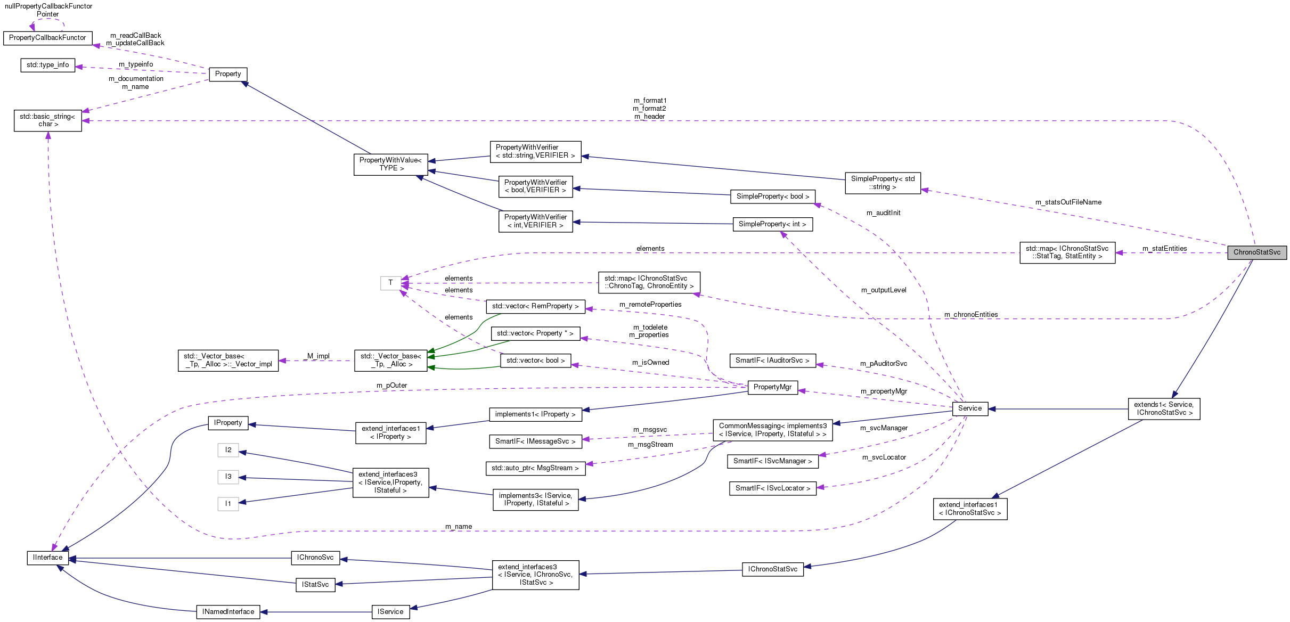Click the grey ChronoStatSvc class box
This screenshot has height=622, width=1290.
point(1256,252)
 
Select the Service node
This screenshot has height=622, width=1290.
point(969,408)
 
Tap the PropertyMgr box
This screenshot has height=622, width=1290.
point(772,387)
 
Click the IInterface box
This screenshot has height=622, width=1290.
point(47,558)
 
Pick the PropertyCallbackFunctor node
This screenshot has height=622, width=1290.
point(47,38)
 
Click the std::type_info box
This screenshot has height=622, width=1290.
point(47,65)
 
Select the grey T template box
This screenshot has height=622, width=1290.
point(390,283)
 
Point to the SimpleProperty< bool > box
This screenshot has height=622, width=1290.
point(772,197)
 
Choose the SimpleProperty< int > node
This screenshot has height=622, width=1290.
point(772,224)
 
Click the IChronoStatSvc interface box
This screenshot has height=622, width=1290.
point(772,569)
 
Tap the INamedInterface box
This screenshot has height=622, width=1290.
point(228,612)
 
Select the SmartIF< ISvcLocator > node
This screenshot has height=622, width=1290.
point(772,488)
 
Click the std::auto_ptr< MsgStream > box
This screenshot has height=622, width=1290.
point(535,468)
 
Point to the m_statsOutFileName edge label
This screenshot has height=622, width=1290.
point(1068,202)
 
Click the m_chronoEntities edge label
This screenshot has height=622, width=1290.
point(970,315)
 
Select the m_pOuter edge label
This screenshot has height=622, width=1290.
point(391,386)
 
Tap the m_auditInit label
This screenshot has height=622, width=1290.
point(883,213)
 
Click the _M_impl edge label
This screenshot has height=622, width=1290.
point(317,356)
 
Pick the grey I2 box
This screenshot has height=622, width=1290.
point(228,450)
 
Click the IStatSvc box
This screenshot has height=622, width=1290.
point(315,585)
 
